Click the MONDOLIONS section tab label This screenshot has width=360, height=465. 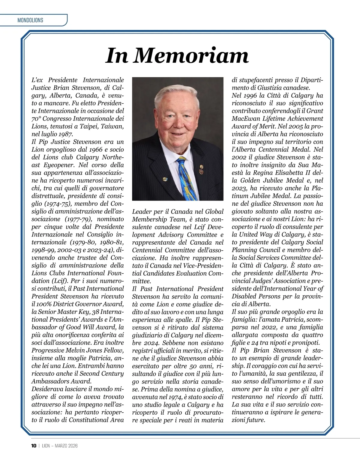coord(30,20)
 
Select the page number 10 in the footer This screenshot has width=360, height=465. coord(34,446)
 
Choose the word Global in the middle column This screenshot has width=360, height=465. coord(214,212)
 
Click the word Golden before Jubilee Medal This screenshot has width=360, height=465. coord(251,180)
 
